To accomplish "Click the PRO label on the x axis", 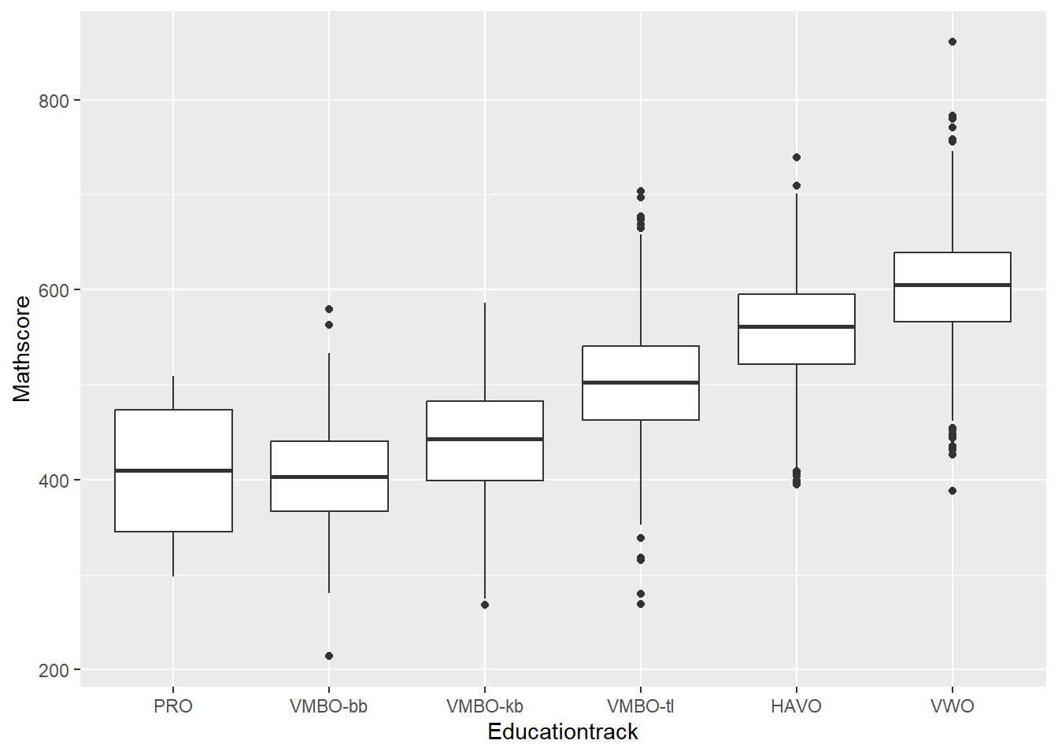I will pyautogui.click(x=173, y=706).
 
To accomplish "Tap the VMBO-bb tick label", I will pyautogui.click(x=328, y=706).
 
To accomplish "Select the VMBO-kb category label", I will pyautogui.click(x=484, y=706).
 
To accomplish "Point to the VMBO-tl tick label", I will pyautogui.click(x=640, y=706).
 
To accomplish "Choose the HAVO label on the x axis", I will pyautogui.click(x=796, y=706).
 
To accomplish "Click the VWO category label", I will pyautogui.click(x=952, y=706).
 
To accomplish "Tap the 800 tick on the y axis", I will pyautogui.click(x=54, y=101).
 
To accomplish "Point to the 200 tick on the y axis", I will pyautogui.click(x=54, y=671).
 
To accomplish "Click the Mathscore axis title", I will pyautogui.click(x=22, y=348).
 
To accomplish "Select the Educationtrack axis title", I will pyautogui.click(x=563, y=732).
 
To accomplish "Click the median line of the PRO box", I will pyautogui.click(x=173, y=470).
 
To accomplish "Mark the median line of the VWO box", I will pyautogui.click(x=952, y=285).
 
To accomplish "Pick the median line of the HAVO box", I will pyautogui.click(x=796, y=326).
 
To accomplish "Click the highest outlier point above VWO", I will pyautogui.click(x=953, y=42).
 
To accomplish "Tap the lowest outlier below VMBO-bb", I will pyautogui.click(x=329, y=656).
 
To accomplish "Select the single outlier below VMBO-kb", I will pyautogui.click(x=485, y=605).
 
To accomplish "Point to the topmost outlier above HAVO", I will pyautogui.click(x=797, y=157).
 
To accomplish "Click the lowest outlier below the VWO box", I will pyautogui.click(x=953, y=491).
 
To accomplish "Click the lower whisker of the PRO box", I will pyautogui.click(x=173, y=554).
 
